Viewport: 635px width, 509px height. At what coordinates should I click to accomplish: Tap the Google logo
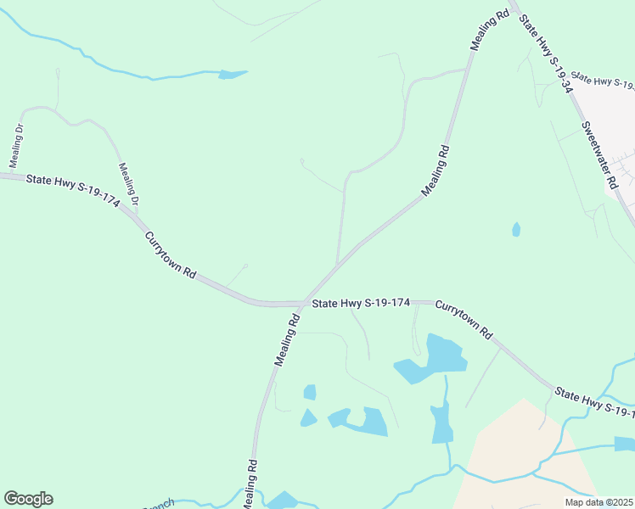pyautogui.click(x=28, y=499)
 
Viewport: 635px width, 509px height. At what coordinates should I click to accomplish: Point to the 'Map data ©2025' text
pyautogui.click(x=598, y=502)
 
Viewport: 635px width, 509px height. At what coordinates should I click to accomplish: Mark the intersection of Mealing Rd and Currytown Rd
pyautogui.click(x=306, y=302)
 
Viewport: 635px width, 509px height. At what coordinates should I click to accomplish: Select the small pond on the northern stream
pyautogui.click(x=231, y=75)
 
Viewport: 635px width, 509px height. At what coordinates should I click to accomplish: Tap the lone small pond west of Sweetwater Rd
pyautogui.click(x=516, y=229)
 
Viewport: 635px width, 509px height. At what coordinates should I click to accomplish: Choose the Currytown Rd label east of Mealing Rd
pyautogui.click(x=464, y=318)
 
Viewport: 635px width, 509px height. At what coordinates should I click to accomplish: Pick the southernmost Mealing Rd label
pyautogui.click(x=250, y=485)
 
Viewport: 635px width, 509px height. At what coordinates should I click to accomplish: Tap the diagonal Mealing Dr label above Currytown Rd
pyautogui.click(x=128, y=184)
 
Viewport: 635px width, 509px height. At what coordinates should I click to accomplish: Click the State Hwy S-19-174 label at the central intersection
pyautogui.click(x=362, y=302)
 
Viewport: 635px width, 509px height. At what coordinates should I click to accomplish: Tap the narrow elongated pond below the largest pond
pyautogui.click(x=441, y=422)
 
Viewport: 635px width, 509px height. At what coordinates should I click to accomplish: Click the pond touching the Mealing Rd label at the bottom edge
pyautogui.click(x=281, y=501)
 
